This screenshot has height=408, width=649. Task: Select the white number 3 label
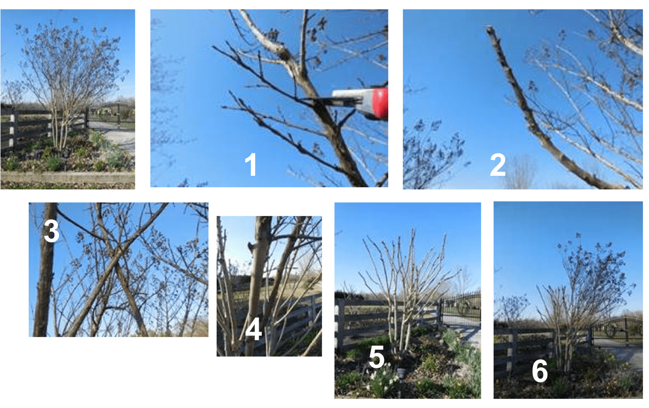[51, 232]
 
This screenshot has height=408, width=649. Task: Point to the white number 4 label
[253, 329]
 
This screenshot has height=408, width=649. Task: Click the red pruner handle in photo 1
[375, 103]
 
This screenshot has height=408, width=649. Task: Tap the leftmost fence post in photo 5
[341, 326]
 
